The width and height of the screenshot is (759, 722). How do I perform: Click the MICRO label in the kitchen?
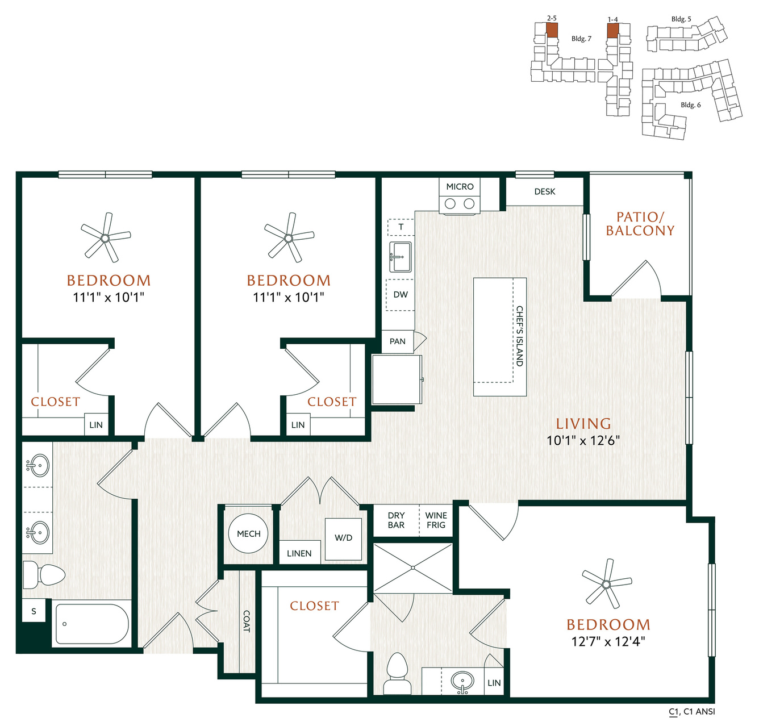[x=460, y=186]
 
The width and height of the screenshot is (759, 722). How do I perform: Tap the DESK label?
[x=544, y=191]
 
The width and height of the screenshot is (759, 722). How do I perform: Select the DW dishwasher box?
[x=401, y=295]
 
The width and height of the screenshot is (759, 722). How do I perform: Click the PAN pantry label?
[x=397, y=341]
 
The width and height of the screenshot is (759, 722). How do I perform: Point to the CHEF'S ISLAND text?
[x=519, y=336]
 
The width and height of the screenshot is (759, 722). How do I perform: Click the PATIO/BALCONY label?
[x=640, y=224]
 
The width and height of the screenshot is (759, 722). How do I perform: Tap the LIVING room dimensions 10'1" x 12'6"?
[x=583, y=441]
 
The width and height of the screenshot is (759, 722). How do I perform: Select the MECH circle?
[x=248, y=533]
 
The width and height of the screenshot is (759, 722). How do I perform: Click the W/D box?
[x=343, y=539]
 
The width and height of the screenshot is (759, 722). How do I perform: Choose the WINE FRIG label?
[x=436, y=520]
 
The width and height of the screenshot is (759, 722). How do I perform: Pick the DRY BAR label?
[x=396, y=520]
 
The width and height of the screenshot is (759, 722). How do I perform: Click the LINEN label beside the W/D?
[x=299, y=553]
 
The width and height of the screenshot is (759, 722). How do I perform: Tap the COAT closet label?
[x=247, y=621]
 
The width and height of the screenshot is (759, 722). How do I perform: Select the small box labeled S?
[x=34, y=611]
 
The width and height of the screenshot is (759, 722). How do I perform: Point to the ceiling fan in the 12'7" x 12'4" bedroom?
[x=606, y=584]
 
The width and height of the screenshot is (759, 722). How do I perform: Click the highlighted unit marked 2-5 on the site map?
[x=552, y=30]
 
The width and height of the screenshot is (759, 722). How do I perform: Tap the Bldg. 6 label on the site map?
[x=690, y=105]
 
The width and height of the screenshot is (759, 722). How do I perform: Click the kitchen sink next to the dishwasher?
[x=400, y=257]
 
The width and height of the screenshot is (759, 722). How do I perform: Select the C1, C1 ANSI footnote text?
[x=692, y=711]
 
